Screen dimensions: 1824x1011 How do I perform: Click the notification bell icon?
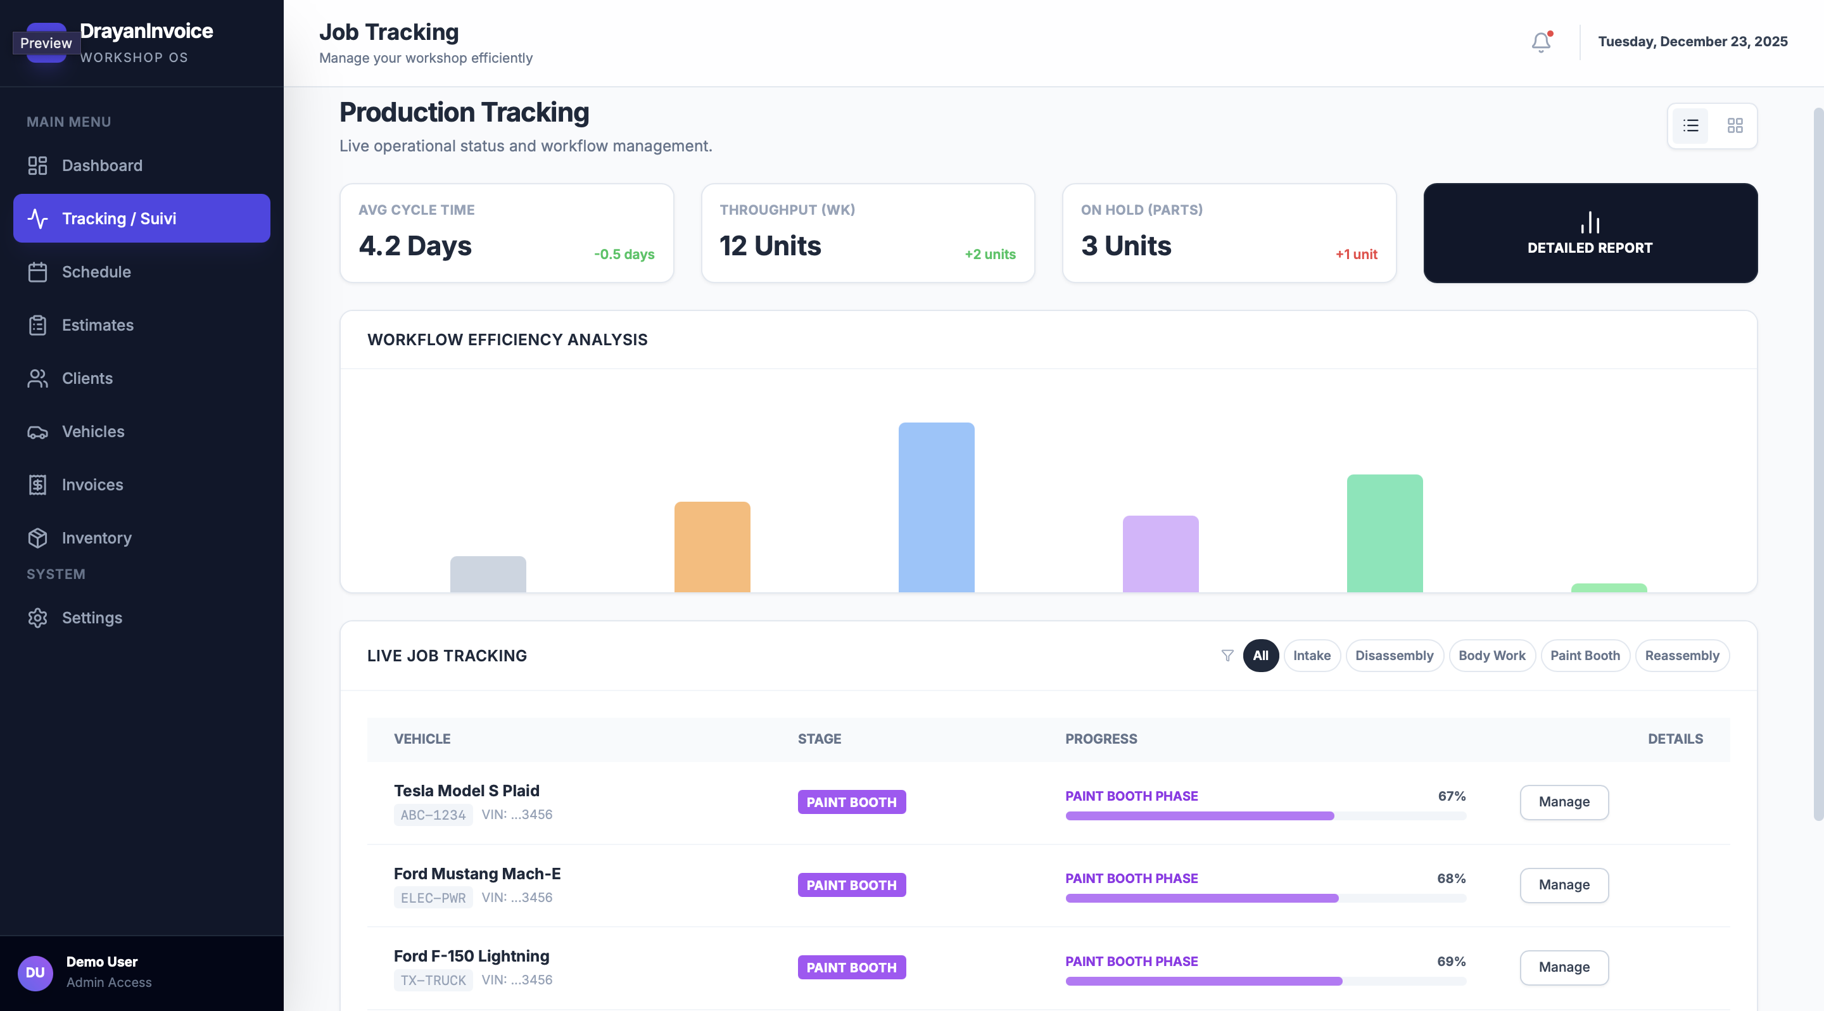[1541, 42]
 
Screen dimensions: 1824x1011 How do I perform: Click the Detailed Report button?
[1590, 233]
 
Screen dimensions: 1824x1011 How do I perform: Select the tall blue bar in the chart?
[936, 507]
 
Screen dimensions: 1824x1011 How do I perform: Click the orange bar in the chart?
[712, 547]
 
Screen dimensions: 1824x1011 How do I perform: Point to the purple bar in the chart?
[1160, 554]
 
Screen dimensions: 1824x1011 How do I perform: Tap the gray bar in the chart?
[488, 574]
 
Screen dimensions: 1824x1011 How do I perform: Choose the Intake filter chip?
[1312, 656]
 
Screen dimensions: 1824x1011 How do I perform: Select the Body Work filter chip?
[1492, 656]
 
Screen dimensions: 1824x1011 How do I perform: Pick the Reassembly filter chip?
[1681, 656]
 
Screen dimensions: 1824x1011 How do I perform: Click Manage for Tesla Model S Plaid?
[1564, 802]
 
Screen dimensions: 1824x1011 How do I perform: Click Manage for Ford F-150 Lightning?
[1564, 967]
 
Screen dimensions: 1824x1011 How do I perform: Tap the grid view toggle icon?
[1735, 126]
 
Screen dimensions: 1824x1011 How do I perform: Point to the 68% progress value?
[1452, 879]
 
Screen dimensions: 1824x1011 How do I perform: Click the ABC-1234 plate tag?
[433, 815]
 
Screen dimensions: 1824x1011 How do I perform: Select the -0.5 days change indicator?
[624, 254]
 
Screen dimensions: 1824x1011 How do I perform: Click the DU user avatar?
[35, 973]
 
